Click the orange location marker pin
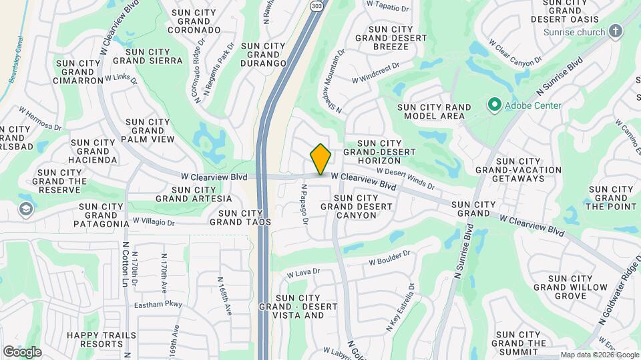320,159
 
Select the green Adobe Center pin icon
494,105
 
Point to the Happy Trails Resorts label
101,340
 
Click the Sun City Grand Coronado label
195,21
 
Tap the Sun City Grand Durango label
263,55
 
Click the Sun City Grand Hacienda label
93,151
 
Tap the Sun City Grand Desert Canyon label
356,207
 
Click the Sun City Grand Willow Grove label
570,287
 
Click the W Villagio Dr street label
153,221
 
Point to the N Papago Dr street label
304,204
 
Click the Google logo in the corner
23,351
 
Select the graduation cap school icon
25,209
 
